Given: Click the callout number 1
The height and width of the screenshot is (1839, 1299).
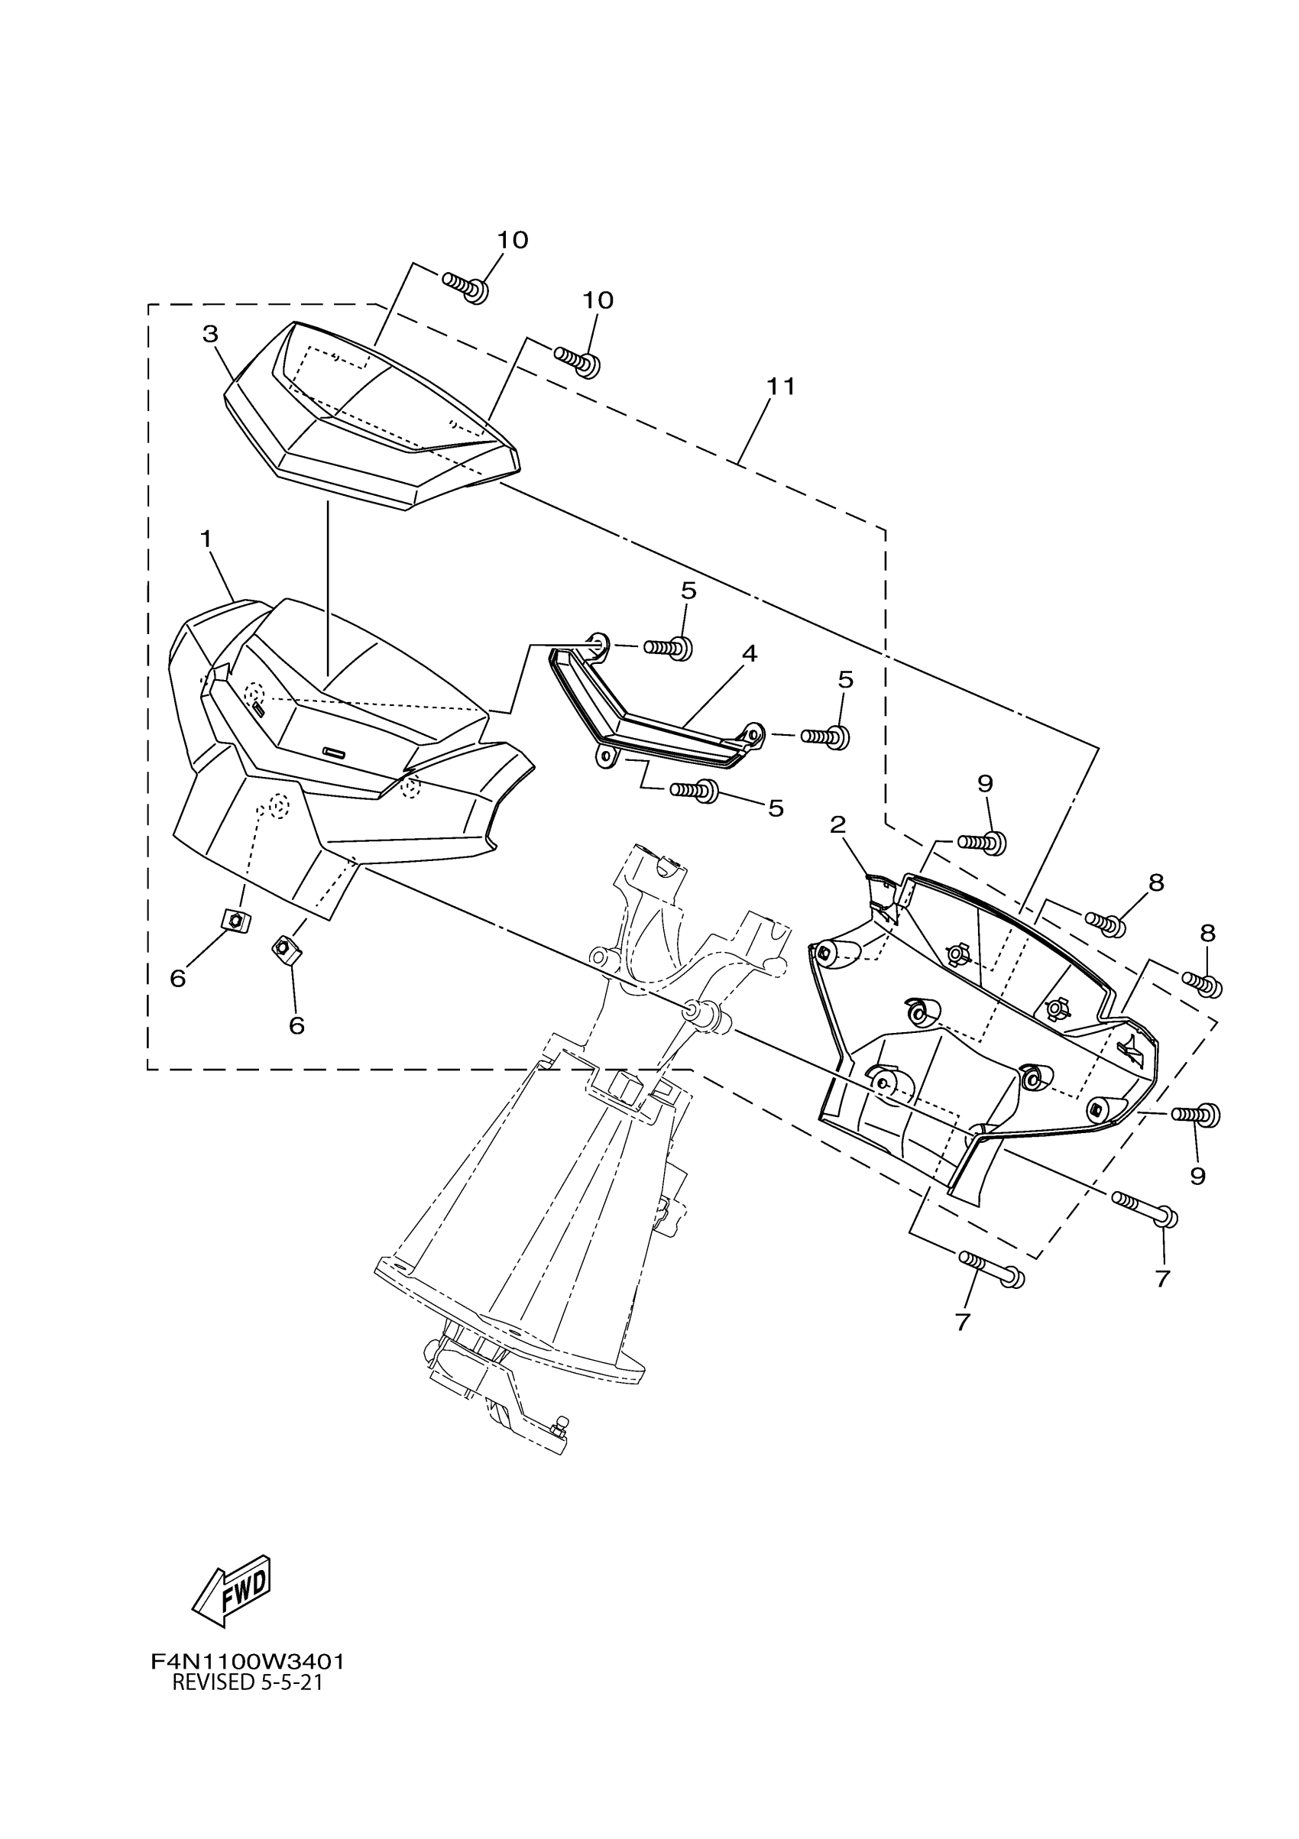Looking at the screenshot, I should click(x=206, y=539).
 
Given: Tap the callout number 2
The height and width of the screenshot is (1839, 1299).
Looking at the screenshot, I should click(x=837, y=824).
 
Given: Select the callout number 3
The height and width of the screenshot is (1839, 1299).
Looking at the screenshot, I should click(x=210, y=334).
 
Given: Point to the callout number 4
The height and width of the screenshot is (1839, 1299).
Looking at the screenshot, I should click(x=749, y=653).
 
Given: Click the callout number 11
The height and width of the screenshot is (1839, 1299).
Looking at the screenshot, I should click(x=781, y=387).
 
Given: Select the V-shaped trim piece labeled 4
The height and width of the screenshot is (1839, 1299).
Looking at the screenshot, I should click(x=656, y=717).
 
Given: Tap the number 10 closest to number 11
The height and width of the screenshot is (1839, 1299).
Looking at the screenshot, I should click(x=598, y=300).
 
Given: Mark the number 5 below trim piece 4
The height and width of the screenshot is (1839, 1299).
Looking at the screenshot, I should click(x=776, y=808).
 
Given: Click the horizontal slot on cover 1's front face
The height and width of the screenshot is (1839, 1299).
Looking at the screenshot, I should click(x=334, y=751).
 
